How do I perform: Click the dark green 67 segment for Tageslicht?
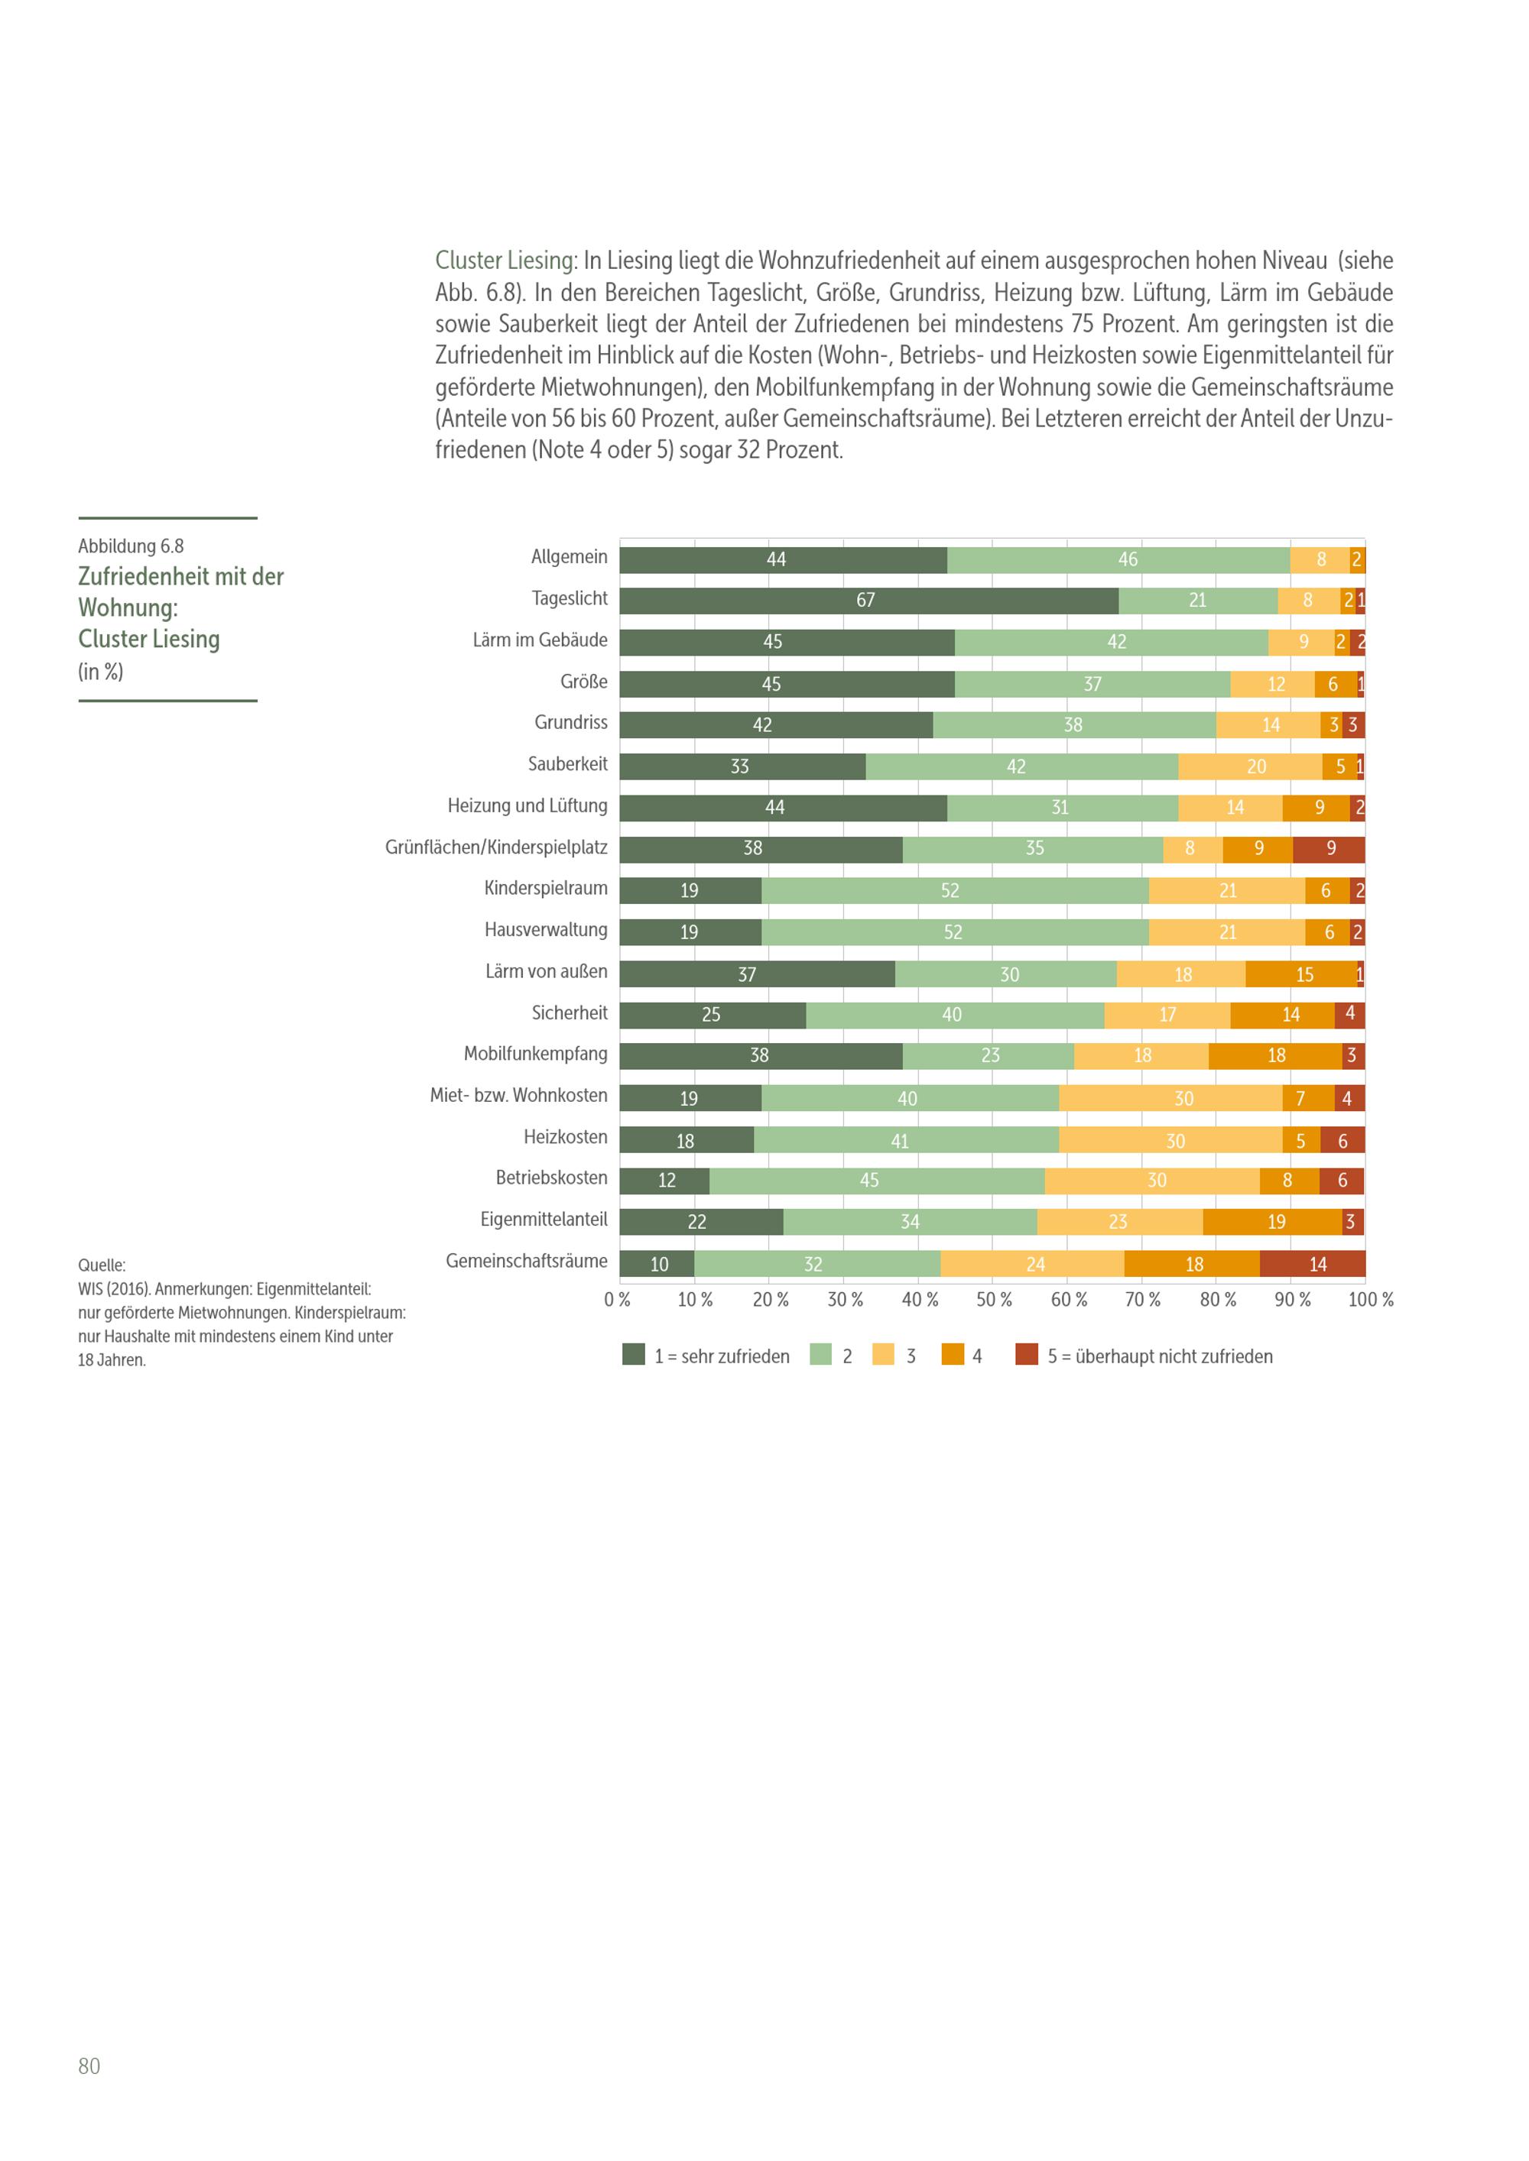click(869, 601)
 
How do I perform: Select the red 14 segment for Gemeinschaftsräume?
click(1313, 1264)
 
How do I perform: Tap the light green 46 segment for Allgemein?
click(1118, 560)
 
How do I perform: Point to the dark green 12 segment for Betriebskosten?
click(664, 1181)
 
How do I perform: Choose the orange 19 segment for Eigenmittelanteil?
click(1273, 1222)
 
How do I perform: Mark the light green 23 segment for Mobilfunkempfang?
click(988, 1056)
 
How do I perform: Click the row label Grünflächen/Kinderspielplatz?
click(496, 847)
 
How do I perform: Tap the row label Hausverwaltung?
click(546, 930)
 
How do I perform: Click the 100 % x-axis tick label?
click(1371, 1300)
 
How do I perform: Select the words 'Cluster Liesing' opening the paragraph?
click(505, 261)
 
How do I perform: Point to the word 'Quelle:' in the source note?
click(102, 1266)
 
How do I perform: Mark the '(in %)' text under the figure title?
click(101, 672)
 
